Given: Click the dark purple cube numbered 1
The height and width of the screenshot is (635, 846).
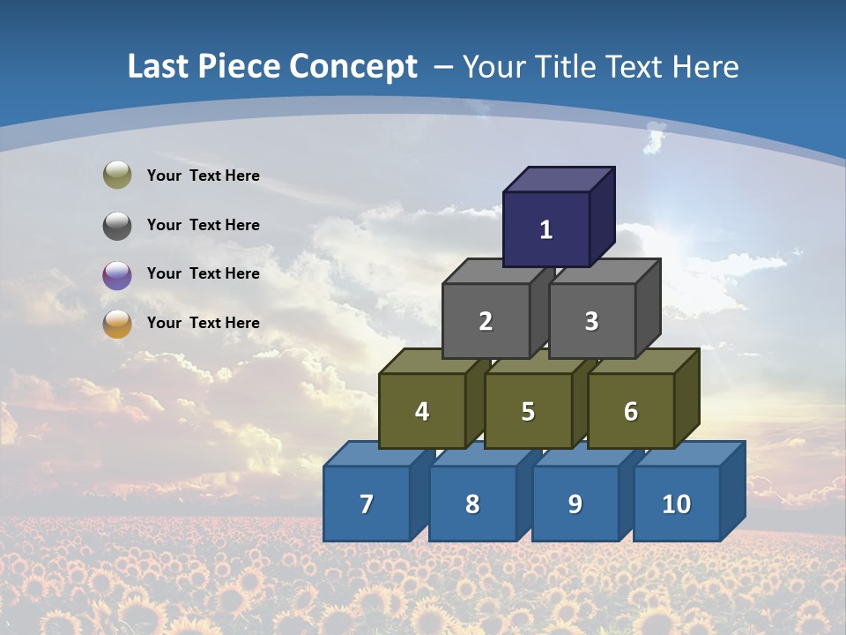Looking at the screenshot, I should tap(546, 229).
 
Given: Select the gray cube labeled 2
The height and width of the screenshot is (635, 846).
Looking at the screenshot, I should tap(486, 321).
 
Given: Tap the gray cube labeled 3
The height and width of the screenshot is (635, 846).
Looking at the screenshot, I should tap(591, 321).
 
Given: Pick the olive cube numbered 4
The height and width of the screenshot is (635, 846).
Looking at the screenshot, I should tap(422, 411).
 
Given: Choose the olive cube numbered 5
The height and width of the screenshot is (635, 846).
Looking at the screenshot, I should tap(528, 411).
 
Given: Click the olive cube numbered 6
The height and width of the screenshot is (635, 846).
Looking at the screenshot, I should tap(631, 411).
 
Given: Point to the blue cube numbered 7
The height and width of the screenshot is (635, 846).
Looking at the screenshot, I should tap(367, 504).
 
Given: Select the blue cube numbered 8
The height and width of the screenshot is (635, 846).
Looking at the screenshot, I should tap(472, 504).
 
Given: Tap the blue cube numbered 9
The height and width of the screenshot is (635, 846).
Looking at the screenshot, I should tap(575, 504).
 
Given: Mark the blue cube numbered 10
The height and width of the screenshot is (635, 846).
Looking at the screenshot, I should tap(677, 504).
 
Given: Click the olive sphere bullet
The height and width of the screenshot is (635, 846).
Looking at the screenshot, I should tap(117, 176).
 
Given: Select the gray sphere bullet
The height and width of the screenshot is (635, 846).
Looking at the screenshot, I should tap(117, 225).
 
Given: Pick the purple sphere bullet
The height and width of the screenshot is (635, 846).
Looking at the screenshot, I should tap(117, 274).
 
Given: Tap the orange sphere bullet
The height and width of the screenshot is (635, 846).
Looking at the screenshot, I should tap(117, 324).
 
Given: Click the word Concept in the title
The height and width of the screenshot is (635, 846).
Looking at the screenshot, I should tap(353, 67).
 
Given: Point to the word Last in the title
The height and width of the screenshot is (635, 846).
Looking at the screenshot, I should tap(160, 67).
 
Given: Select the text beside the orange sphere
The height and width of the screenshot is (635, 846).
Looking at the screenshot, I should tap(204, 323).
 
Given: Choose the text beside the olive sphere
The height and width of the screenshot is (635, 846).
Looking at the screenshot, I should tap(204, 176).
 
